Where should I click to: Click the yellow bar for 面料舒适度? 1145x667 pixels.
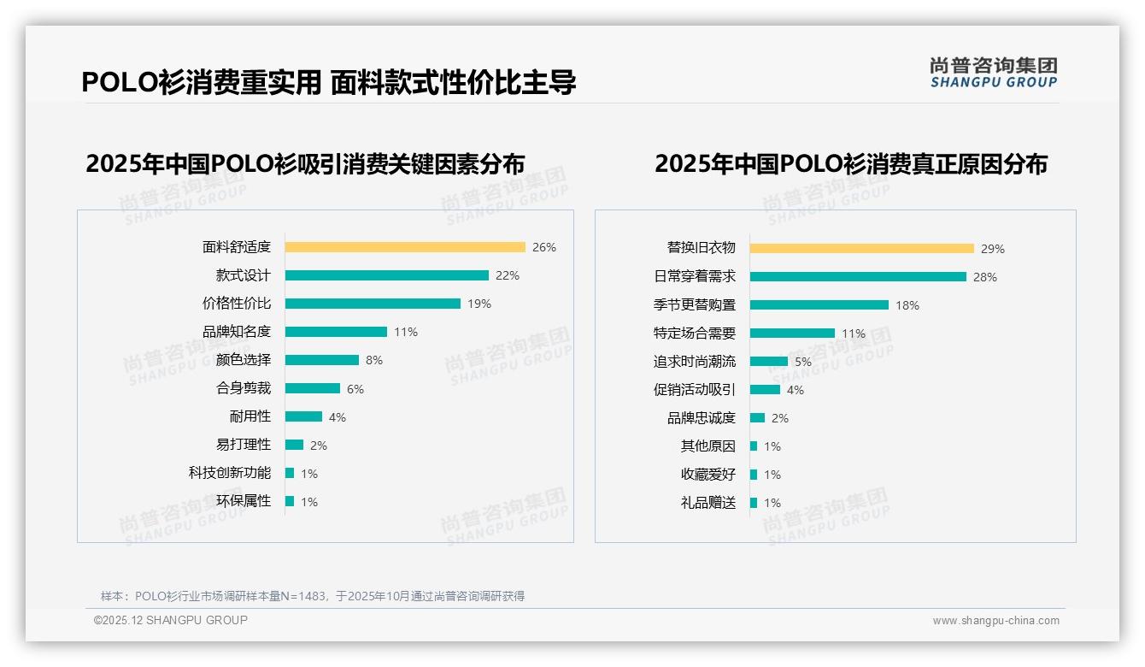[405, 247]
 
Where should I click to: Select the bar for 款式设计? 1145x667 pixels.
[386, 275]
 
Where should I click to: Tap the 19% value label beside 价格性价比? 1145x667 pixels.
[479, 304]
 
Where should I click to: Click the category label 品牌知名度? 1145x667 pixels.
[237, 332]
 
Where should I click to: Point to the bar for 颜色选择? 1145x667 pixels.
[322, 360]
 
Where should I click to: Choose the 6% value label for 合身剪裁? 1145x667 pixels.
[355, 389]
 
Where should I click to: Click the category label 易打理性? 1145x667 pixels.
[244, 445]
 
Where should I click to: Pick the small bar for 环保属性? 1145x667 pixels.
[290, 501]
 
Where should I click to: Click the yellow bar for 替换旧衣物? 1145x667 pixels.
[862, 249]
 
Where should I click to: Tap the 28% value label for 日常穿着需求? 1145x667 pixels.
[985, 277]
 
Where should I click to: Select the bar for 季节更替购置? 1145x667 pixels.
[819, 305]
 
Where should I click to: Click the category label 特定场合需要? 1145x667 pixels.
[695, 333]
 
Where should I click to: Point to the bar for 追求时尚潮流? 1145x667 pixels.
[769, 362]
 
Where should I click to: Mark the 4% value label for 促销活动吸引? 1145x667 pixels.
[796, 390]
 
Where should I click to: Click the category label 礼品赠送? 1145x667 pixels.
[708, 503]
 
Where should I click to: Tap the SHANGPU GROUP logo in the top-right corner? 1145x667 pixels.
[993, 73]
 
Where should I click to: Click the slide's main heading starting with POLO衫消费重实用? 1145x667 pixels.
[329, 82]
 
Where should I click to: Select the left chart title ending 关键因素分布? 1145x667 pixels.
[305, 163]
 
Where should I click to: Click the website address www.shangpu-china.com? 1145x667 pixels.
[995, 621]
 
